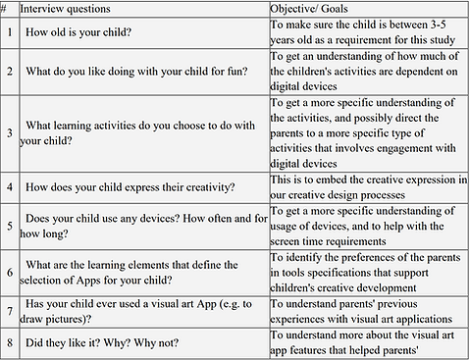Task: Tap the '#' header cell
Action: [8, 8]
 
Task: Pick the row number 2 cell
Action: [8, 73]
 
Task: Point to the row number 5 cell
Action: [8, 224]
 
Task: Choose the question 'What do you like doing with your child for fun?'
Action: [140, 73]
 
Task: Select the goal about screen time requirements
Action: [365, 224]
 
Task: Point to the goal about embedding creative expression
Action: [365, 185]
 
